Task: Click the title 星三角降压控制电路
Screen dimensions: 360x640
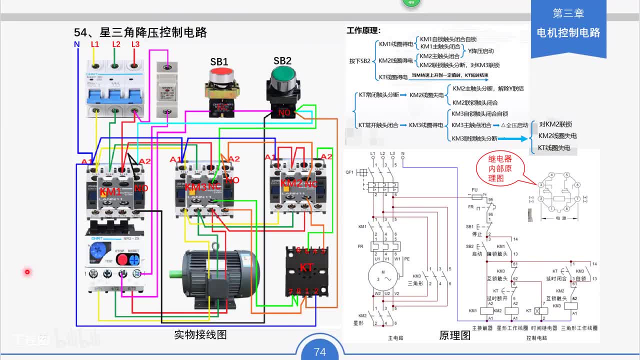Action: click(x=140, y=32)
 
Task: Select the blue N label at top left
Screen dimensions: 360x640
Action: click(x=76, y=44)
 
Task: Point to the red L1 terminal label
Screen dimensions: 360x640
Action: click(x=95, y=44)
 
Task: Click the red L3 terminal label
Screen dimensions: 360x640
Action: click(x=135, y=44)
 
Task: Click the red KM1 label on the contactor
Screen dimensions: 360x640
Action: click(x=110, y=191)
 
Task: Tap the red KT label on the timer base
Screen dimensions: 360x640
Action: click(x=306, y=267)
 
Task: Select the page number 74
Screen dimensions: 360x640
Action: click(x=320, y=352)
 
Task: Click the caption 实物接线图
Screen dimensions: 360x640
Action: click(x=200, y=334)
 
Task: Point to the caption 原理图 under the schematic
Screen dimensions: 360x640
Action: click(x=455, y=335)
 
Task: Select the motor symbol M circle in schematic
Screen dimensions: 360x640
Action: click(x=382, y=276)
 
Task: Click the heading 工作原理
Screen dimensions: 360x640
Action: click(x=363, y=30)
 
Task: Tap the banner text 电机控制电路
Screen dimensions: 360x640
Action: click(x=568, y=33)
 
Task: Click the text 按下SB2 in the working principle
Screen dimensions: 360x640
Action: click(x=359, y=61)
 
